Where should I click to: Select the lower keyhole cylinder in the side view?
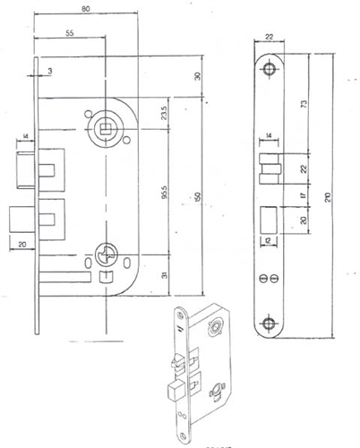tap(106, 254)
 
